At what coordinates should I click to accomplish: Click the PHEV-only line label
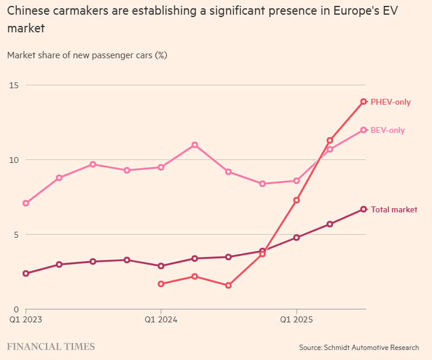point(390,102)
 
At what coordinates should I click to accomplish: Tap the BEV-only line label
point(387,131)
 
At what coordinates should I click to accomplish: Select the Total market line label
point(394,210)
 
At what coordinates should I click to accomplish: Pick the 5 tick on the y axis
point(15,235)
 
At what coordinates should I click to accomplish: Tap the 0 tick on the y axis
point(15,309)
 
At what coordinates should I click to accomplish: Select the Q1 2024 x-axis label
point(161,321)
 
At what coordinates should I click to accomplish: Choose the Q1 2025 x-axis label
point(296,321)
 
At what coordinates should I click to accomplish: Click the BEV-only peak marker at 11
point(195,145)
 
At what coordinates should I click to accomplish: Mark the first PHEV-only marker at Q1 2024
point(161,284)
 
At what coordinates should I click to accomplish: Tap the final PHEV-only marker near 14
point(364,102)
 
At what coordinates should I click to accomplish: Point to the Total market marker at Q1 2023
point(25,274)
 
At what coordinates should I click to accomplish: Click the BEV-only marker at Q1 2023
point(25,204)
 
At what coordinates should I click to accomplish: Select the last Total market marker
point(364,209)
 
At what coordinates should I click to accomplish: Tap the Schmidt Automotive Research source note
point(359,348)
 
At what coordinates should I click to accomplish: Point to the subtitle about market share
point(87,55)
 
